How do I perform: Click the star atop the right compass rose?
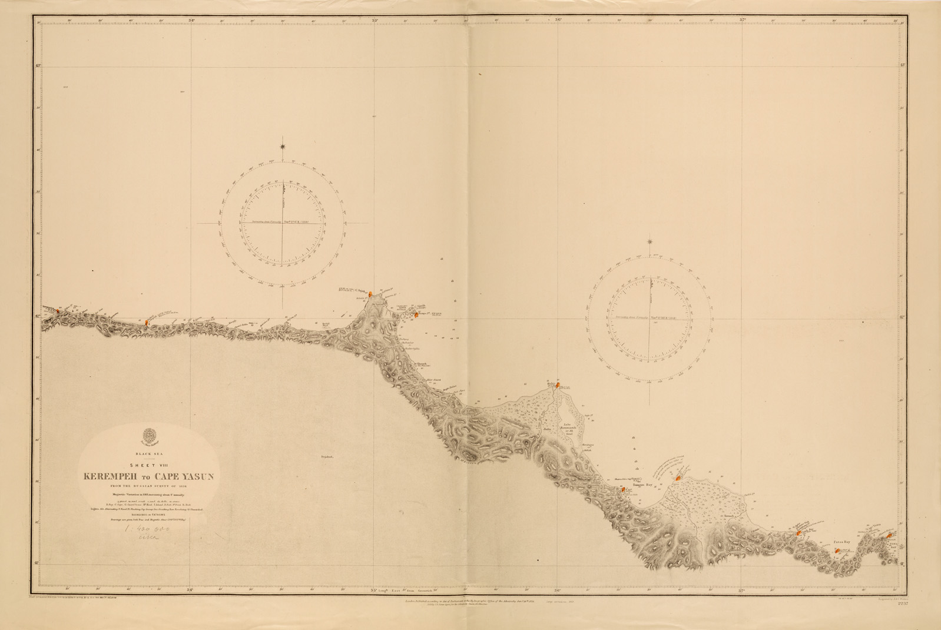650,241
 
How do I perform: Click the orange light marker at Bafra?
557,386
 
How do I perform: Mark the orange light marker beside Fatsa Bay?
837,551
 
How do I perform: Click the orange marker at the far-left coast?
57,310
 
